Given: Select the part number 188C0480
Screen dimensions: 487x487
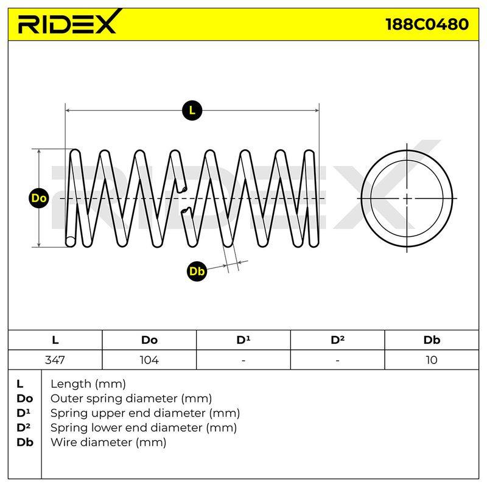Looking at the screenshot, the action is pos(427,24).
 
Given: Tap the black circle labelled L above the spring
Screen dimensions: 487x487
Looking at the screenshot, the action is pos(192,111).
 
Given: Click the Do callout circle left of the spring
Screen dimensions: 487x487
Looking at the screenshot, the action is pos(39,198).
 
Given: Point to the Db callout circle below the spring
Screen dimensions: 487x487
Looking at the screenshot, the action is pos(197,271).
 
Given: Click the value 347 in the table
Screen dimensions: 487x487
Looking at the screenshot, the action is pos(55,360).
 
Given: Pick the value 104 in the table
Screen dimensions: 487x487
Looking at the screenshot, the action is pos(149,360).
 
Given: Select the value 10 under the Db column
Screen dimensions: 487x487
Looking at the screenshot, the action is pos(432,360).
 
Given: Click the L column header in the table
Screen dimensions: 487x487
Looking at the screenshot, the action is pos(55,340).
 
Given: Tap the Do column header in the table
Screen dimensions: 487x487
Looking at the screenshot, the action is pos(149,340).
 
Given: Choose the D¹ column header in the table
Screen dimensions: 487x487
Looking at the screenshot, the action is pos(243,340).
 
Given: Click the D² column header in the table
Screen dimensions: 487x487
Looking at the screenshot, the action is pos(338,340).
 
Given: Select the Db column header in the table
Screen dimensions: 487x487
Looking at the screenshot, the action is pos(432,340).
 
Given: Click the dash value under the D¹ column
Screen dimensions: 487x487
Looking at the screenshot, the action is pos(243,360).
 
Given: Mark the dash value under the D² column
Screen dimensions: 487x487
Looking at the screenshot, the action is pos(337,360).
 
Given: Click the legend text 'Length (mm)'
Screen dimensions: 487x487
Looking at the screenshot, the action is pos(88,384).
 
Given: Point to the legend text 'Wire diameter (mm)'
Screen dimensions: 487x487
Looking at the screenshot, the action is pos(108,442).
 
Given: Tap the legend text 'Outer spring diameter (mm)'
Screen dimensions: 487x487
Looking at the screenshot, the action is pos(131,398).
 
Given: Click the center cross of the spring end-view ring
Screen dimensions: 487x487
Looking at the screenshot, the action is pos(407,198).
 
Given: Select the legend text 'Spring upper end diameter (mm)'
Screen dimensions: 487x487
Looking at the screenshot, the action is pos(145,413).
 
